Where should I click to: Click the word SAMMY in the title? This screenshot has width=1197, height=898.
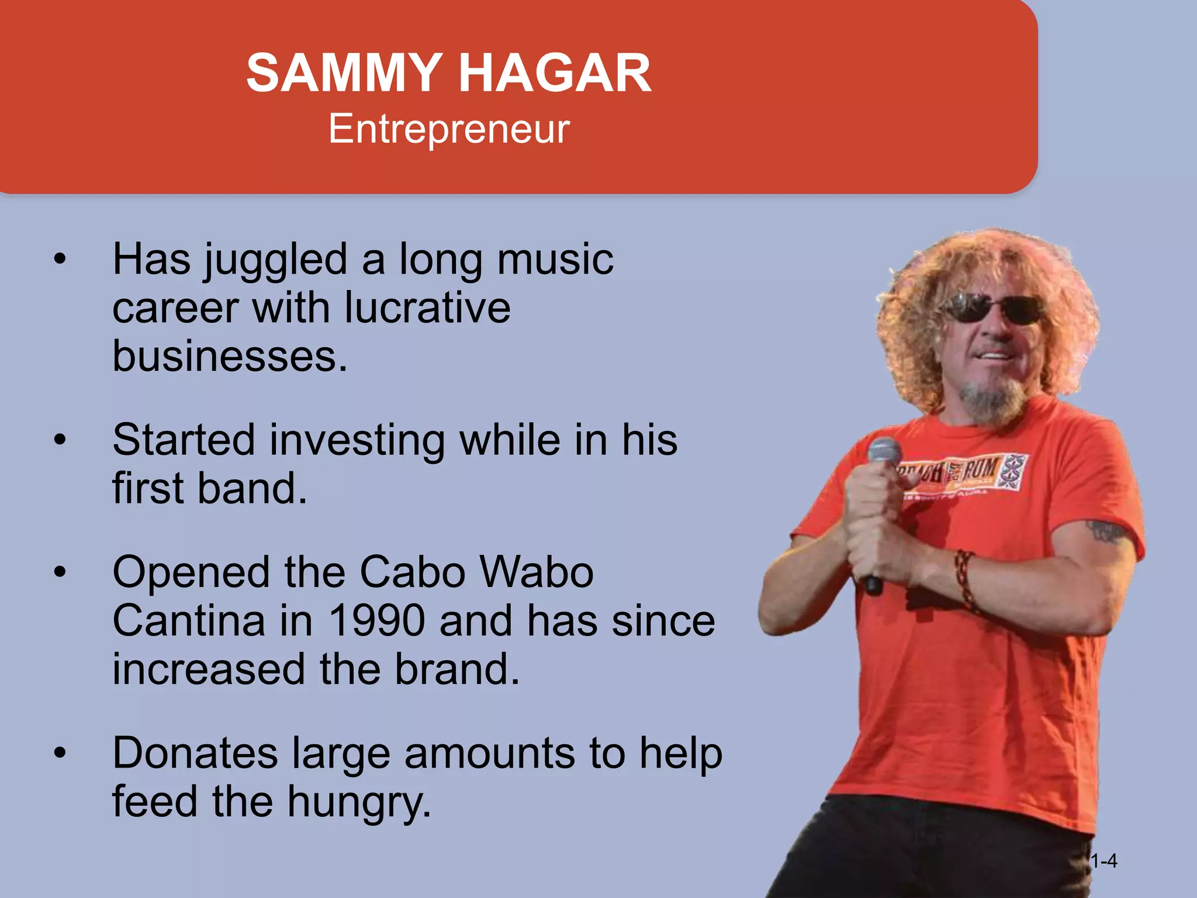(344, 73)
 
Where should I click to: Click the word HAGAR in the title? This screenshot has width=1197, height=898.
(555, 73)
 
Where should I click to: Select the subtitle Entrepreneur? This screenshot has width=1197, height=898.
(448, 129)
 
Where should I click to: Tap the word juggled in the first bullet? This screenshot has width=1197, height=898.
(275, 260)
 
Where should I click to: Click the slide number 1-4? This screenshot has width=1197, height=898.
(1104, 861)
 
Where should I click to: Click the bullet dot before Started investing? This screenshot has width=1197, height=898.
(59, 440)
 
